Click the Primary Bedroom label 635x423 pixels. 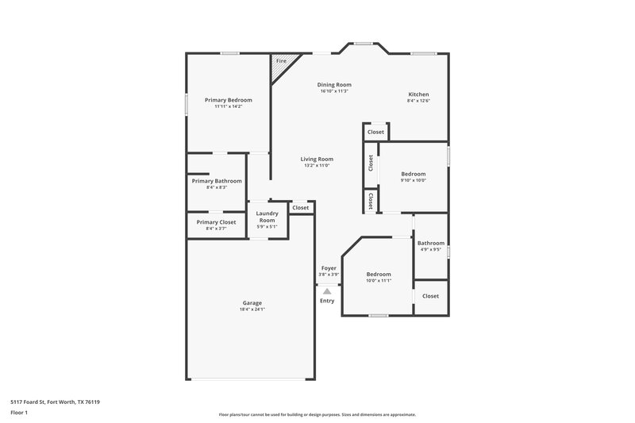[228, 100]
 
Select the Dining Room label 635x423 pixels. [334, 84]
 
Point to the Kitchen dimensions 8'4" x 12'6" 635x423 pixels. [418, 101]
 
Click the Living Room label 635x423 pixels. [317, 159]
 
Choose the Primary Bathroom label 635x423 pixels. [217, 181]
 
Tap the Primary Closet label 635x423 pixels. [216, 222]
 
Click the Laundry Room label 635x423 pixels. [267, 217]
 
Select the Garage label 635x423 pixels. [252, 302]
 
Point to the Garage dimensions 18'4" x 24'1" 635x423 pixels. [252, 310]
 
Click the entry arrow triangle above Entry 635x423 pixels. [326, 291]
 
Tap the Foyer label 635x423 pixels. [329, 268]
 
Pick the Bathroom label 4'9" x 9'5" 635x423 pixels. [431, 243]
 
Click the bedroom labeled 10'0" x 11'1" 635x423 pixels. [379, 275]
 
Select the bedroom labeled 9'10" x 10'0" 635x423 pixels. [413, 174]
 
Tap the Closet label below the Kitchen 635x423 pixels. [375, 132]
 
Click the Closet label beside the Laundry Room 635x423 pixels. [301, 208]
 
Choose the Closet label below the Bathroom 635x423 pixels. [430, 296]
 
